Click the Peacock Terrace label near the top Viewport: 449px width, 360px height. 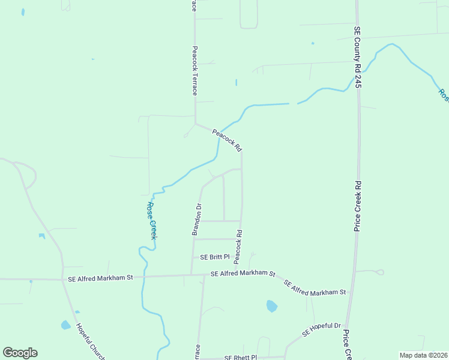point(194,71)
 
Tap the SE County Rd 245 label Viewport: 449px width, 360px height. point(357,57)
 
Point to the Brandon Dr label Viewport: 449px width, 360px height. point(196,219)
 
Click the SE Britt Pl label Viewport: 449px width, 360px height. point(215,257)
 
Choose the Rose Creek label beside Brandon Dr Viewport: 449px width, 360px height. point(152,220)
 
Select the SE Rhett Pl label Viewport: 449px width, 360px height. point(240,357)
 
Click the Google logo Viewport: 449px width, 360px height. point(20,353)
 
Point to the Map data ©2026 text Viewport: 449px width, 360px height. point(424,355)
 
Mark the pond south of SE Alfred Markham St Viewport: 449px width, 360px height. point(271,306)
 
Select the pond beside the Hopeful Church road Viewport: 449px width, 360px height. point(65,325)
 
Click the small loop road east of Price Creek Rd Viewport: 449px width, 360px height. point(379,272)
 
